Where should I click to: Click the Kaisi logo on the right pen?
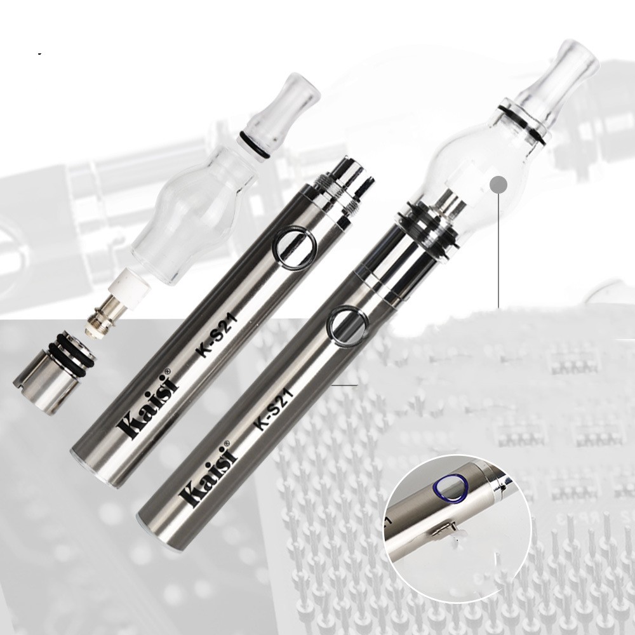[x=211, y=474]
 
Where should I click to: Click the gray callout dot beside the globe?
[x=498, y=185]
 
